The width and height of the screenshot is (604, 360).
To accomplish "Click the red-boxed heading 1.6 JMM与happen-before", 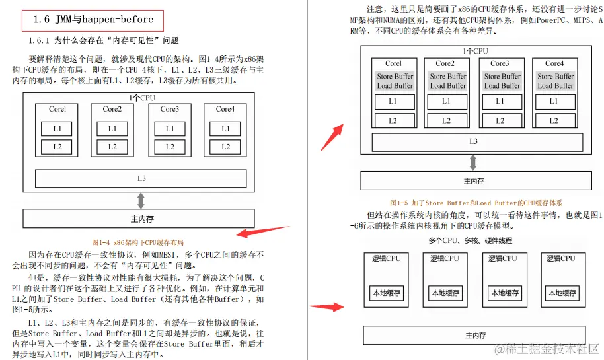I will coord(93,19).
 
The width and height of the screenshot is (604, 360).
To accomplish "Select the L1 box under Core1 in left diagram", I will coord(57,129).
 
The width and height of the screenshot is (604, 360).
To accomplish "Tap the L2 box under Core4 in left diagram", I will coord(225,147).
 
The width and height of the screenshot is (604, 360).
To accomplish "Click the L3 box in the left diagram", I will coord(141,178).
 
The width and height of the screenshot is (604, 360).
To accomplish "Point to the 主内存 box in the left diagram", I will coord(139,219).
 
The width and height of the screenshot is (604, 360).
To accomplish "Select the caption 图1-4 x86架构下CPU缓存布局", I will coord(137,242).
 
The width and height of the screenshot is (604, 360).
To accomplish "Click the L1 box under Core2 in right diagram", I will coord(446,102).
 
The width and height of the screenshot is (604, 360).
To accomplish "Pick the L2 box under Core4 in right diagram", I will coord(554,121).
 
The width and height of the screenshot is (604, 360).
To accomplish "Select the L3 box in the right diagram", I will coord(473,142).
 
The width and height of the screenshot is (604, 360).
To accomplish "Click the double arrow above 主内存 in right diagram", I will coord(473,162).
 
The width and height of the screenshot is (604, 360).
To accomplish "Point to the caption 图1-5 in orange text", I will coord(475,203).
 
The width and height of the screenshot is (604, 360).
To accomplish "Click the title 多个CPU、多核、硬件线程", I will coord(470,241).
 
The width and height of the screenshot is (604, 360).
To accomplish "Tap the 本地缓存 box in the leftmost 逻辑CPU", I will coord(387,293).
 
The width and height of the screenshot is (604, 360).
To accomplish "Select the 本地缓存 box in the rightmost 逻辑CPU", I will coord(562,293).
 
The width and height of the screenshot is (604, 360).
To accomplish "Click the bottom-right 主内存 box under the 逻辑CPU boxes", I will coord(475,335).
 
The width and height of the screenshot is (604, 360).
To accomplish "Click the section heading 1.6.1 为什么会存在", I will coord(103,41).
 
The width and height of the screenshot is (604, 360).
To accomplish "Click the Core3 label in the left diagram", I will coord(169,109).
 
